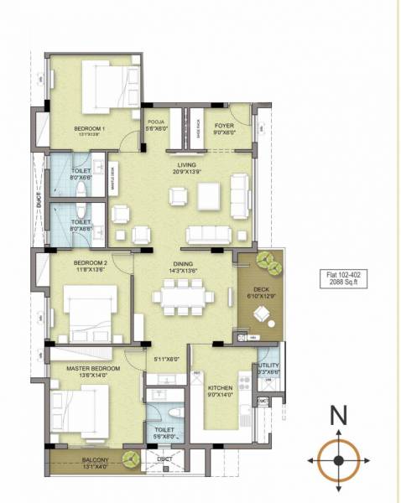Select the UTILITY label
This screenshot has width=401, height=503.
coord(268,367)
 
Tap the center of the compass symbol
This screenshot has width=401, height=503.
coord(337,460)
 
